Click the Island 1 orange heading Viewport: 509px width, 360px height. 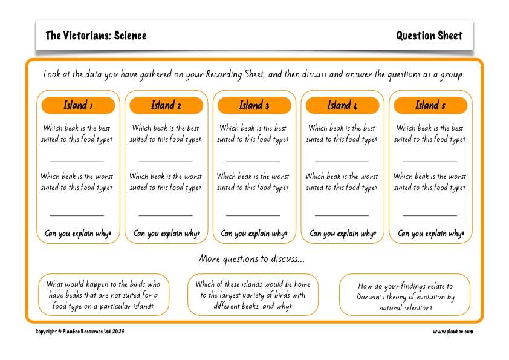point(78,106)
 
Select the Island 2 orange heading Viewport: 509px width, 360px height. point(166,106)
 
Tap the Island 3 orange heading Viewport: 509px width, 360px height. point(254,106)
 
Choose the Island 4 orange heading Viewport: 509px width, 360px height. point(342,106)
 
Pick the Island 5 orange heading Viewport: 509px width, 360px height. point(430,106)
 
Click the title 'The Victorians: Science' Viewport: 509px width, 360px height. point(96,36)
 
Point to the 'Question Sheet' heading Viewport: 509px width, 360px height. point(429,36)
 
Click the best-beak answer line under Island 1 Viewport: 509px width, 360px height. point(77,161)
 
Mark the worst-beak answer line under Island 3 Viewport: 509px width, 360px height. point(253,214)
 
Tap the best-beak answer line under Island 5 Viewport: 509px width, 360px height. point(430,161)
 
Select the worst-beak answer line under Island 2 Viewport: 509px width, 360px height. point(166,214)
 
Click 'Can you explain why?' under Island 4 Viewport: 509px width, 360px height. point(343,234)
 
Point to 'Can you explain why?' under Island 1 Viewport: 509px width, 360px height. point(78,234)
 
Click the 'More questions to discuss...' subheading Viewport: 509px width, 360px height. point(252,259)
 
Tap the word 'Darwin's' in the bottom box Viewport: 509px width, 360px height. point(376,297)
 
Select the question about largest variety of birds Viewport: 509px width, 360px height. point(253,295)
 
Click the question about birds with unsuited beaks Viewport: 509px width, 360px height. point(103,295)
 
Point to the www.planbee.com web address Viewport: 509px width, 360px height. point(453,332)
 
